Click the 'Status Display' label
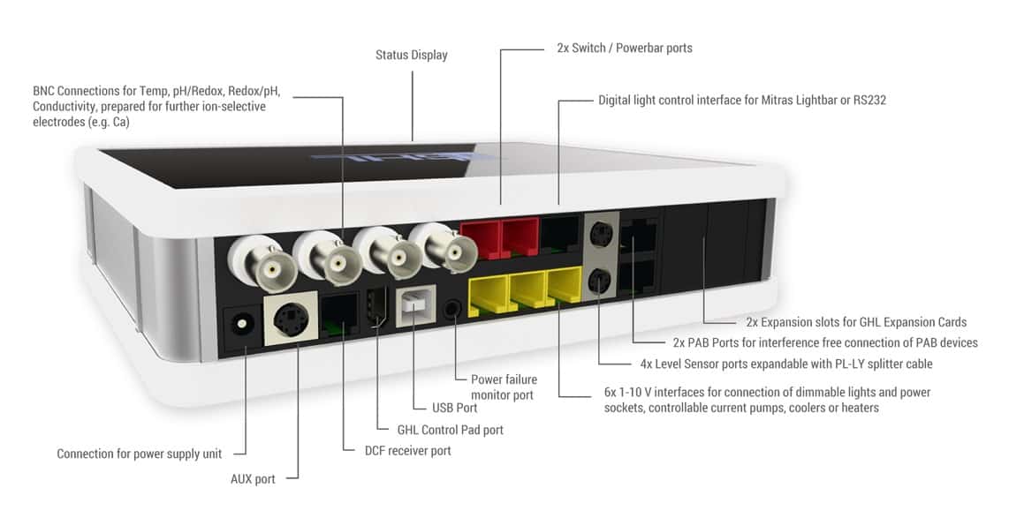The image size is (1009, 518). coord(412,55)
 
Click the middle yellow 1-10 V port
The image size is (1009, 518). coord(527,289)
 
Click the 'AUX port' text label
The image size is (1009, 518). coord(253,479)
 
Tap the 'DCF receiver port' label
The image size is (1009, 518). coord(407,451)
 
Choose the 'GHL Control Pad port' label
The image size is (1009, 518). coord(450,430)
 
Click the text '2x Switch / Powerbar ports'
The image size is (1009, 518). coord(624,48)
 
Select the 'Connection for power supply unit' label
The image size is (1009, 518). coord(140,454)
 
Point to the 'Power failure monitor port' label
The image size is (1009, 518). coord(504,387)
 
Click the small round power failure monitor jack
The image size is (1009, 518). coord(454,310)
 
